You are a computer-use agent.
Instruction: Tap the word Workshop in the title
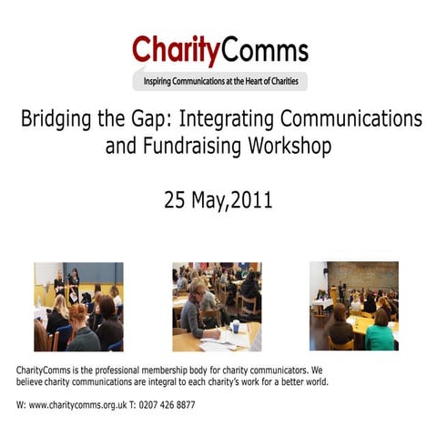click(x=293, y=146)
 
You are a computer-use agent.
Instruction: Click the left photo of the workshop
click(x=78, y=306)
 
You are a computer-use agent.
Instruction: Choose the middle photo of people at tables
click(x=216, y=306)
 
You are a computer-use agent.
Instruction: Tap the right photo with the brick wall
click(x=353, y=306)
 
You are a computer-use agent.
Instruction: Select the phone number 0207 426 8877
click(x=166, y=404)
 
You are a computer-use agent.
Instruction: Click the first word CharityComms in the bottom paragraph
click(x=45, y=371)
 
